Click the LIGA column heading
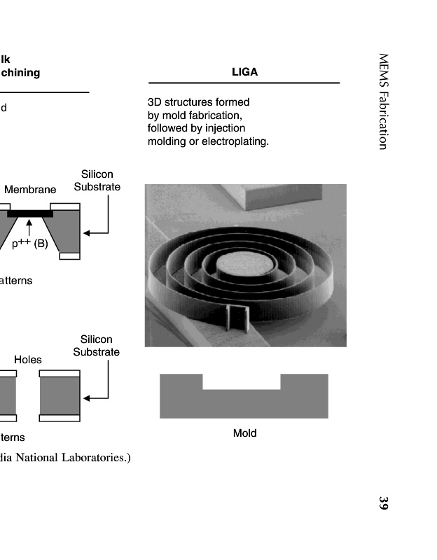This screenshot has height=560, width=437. tap(244, 72)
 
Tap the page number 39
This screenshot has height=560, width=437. tap(383, 503)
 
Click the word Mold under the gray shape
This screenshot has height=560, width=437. tap(244, 433)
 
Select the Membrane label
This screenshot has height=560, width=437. tap(30, 190)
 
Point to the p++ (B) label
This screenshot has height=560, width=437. tap(30, 244)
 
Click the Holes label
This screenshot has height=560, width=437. tap(28, 360)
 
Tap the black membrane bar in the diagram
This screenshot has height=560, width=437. tap(30, 212)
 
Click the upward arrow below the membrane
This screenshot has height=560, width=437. tap(29, 226)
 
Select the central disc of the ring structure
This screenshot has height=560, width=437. tap(240, 267)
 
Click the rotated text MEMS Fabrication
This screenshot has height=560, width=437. tap(383, 101)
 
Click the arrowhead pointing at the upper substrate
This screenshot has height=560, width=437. tap(87, 232)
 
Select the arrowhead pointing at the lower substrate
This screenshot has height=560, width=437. tap(87, 398)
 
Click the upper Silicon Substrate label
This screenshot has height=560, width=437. tap(97, 181)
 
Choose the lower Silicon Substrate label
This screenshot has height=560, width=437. tap(97, 346)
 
